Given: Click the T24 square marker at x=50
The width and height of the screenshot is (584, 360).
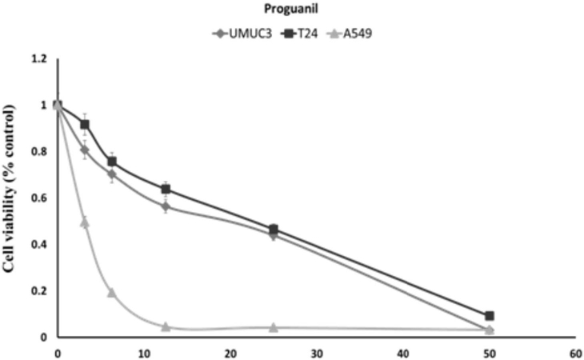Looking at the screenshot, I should (490, 316).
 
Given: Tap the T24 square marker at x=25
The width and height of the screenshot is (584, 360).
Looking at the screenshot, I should (274, 230).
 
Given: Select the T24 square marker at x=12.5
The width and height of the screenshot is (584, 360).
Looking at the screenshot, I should (166, 190).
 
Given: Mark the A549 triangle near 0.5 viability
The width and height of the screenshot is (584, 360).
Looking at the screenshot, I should (85, 222).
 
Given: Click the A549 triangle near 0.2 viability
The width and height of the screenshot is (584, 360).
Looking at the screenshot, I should (112, 293).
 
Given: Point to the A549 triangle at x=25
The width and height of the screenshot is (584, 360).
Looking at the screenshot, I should (274, 327).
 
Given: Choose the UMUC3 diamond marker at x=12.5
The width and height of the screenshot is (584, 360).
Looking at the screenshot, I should (166, 206).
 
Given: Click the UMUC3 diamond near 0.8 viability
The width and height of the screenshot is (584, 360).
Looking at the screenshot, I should (85, 150).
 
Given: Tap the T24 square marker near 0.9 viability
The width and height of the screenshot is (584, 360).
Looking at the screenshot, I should (85, 125).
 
